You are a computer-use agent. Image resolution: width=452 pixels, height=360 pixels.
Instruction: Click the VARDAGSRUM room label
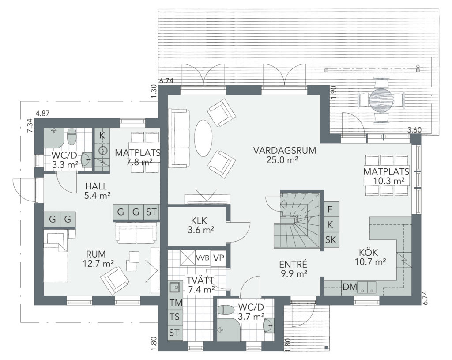coord(285,151)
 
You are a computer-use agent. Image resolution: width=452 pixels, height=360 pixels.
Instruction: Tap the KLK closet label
coord(199,221)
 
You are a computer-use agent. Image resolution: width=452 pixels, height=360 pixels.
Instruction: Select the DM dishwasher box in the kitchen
coord(350,287)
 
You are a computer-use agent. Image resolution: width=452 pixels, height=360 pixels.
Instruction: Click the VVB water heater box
coord(203,258)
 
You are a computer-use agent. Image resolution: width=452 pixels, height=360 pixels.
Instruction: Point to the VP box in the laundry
coord(218,258)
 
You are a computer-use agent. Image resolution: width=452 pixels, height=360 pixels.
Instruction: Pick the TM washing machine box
coord(176,303)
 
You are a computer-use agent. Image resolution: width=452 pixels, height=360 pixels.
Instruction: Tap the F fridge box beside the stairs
coord(331,209)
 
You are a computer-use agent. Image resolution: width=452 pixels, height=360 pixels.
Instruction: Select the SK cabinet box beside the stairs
coord(331,239)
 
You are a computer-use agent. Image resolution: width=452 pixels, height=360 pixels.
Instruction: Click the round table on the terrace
coord(381,99)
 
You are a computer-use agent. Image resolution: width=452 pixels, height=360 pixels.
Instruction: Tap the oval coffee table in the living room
coord(203,138)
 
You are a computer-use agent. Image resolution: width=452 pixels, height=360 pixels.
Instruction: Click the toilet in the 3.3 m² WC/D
coord(72,137)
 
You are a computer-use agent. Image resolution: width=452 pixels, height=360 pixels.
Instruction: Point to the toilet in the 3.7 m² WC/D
coord(226,310)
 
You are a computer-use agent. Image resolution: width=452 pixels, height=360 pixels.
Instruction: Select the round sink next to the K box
coord(102,150)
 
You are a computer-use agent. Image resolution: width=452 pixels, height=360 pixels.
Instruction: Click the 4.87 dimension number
coord(42,114)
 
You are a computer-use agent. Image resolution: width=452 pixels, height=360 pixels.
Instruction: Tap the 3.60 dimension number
coord(414,130)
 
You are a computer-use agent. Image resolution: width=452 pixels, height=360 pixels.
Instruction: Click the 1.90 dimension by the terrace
coord(335,92)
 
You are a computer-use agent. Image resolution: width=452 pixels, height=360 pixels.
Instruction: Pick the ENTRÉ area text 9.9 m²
coord(293,273)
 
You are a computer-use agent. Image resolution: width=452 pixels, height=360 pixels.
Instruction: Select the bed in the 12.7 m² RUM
coord(56,256)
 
